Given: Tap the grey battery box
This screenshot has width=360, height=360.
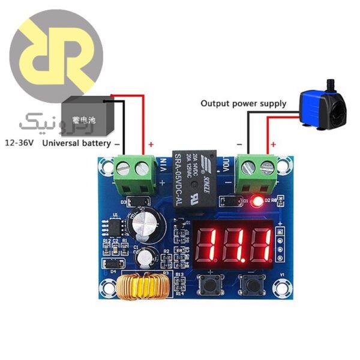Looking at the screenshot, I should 88,118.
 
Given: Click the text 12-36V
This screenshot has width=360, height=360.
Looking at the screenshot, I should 20,143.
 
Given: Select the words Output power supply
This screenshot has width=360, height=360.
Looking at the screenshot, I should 243,103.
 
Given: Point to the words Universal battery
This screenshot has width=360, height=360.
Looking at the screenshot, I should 76,144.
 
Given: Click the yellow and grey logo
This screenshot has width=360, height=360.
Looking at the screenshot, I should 57,57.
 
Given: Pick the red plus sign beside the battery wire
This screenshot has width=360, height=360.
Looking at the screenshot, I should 151,144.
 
